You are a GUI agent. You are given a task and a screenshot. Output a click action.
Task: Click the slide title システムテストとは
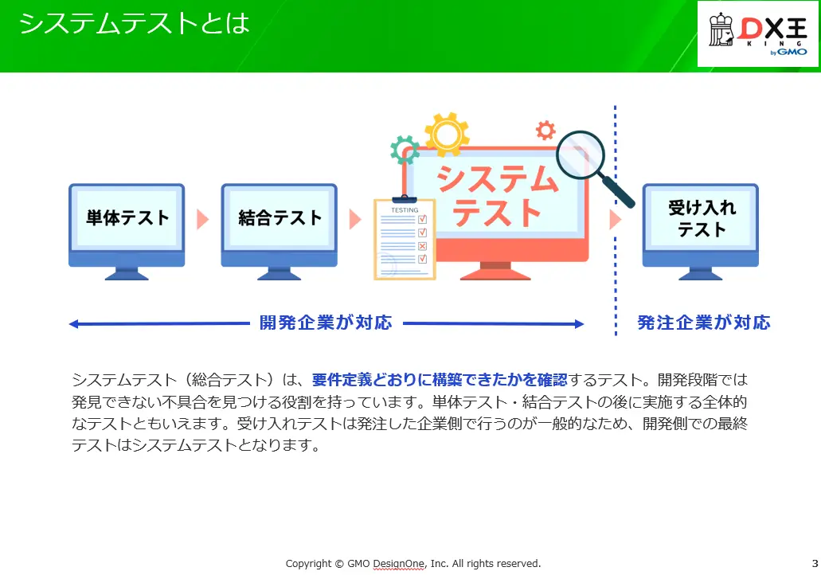pyautogui.click(x=134, y=24)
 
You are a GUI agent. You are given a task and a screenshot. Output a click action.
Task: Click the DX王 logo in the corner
pyautogui.click(x=757, y=34)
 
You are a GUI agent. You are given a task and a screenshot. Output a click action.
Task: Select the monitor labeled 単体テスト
pyautogui.click(x=127, y=232)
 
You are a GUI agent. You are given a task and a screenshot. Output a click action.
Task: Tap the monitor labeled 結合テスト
pyautogui.click(x=279, y=232)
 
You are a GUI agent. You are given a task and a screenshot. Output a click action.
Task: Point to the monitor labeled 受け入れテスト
pyautogui.click(x=701, y=232)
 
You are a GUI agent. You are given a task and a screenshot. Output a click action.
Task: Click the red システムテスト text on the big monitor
pyautogui.click(x=497, y=195)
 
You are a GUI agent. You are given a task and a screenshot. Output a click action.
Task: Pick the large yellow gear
pyautogui.click(x=447, y=134)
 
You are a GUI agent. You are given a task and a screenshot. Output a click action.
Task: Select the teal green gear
pyautogui.click(x=405, y=150)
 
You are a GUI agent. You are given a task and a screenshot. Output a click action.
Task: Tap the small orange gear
pyautogui.click(x=545, y=130)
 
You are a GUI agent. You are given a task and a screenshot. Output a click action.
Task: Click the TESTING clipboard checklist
pyautogui.click(x=405, y=238)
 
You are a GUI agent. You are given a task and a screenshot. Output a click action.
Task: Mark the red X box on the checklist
pyautogui.click(x=423, y=246)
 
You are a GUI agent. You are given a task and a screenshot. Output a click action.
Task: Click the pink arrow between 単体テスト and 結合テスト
pyautogui.click(x=202, y=220)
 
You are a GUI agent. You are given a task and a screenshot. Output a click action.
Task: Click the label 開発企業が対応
pyautogui.click(x=326, y=323)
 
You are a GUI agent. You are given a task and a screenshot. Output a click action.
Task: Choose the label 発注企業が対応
pyautogui.click(x=704, y=323)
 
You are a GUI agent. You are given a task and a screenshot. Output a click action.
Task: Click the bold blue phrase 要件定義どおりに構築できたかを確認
pyautogui.click(x=440, y=380)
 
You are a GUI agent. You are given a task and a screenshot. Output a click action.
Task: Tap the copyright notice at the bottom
pyautogui.click(x=413, y=564)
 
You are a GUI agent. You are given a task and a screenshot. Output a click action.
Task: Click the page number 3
pyautogui.click(x=815, y=564)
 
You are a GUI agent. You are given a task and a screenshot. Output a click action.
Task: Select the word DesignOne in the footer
pyautogui.click(x=398, y=564)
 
